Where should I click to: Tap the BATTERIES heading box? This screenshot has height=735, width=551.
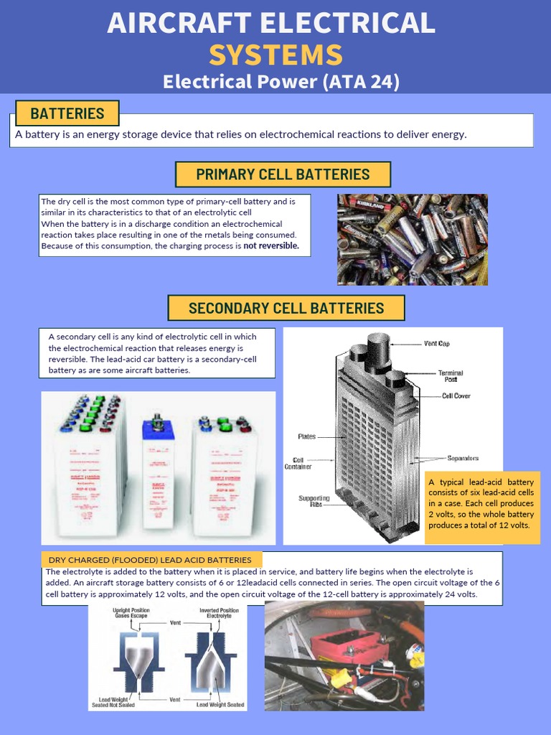click(x=67, y=113)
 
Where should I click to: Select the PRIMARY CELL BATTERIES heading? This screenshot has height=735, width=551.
click(x=283, y=174)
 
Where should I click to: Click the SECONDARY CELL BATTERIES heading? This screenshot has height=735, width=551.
click(x=286, y=309)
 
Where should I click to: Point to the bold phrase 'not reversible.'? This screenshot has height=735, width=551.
click(x=271, y=246)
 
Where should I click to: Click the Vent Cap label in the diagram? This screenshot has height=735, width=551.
click(x=437, y=344)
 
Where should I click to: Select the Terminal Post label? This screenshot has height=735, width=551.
click(x=451, y=376)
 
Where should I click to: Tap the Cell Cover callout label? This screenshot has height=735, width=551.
click(x=456, y=396)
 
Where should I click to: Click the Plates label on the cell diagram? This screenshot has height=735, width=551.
click(x=306, y=436)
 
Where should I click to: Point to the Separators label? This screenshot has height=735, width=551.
click(x=462, y=458)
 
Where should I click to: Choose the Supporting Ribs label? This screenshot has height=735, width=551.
click(x=314, y=502)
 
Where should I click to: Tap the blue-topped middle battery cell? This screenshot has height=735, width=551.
click(x=158, y=474)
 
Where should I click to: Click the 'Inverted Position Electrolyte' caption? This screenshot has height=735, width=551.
click(x=219, y=614)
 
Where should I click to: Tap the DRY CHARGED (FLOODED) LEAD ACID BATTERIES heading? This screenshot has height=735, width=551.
click(x=151, y=560)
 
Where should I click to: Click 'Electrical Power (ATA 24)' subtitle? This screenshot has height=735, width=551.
click(x=281, y=82)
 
